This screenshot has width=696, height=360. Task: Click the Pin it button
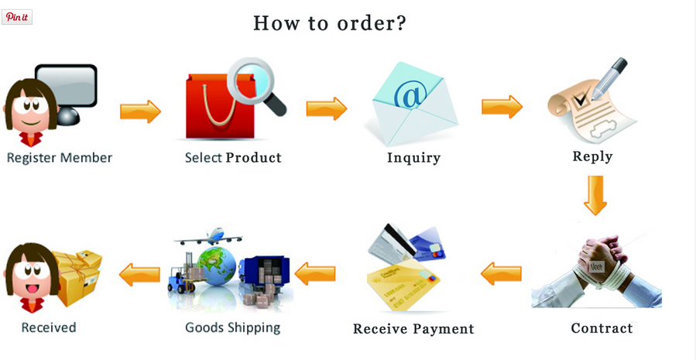(x=17, y=17)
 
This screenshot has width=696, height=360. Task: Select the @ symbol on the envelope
(x=410, y=94)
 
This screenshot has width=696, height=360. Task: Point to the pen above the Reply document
(x=609, y=78)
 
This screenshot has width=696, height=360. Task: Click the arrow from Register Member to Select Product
(x=140, y=111)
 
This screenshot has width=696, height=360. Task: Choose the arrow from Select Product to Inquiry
(x=326, y=108)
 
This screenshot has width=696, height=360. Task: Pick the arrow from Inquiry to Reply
(x=502, y=107)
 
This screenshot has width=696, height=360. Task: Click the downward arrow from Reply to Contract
(x=595, y=195)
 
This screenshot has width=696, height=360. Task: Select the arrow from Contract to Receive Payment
(x=501, y=273)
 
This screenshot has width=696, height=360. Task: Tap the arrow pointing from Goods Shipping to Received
(x=139, y=275)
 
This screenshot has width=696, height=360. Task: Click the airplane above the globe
(x=208, y=237)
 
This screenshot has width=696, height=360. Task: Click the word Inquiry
(x=413, y=158)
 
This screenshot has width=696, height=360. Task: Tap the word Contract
(x=602, y=328)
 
